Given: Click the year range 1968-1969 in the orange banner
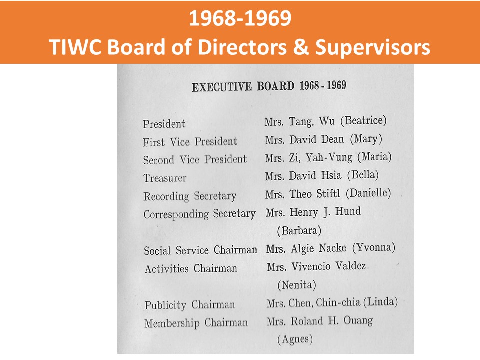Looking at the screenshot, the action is (x=240, y=18).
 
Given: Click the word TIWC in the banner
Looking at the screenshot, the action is (x=75, y=47).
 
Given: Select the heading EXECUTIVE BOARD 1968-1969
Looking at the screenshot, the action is (x=269, y=86).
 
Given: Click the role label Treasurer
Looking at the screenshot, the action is (x=165, y=178).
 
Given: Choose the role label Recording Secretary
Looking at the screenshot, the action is (x=190, y=196).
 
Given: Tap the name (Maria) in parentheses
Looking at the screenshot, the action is (x=374, y=157).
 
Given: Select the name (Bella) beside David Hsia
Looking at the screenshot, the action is (x=363, y=175).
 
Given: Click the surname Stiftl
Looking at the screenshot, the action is (x=328, y=194).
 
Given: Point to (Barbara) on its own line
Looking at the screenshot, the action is (x=299, y=230).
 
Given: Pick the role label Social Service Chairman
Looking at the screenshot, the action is (x=201, y=250).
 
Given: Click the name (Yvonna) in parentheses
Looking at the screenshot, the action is (x=374, y=247).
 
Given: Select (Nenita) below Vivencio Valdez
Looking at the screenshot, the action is (x=296, y=285).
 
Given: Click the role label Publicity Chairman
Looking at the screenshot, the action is (x=190, y=305).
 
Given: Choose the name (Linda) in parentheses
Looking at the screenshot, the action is (x=380, y=302).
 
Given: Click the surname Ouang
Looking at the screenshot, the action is (x=358, y=320).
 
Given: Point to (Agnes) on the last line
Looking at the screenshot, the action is (x=295, y=339).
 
